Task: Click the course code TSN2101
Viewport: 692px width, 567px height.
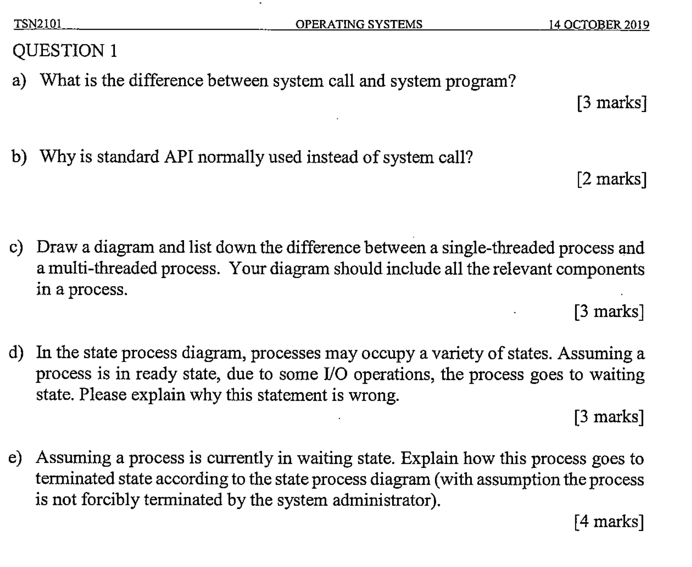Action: point(38,24)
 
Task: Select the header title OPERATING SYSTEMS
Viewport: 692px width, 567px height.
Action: point(359,24)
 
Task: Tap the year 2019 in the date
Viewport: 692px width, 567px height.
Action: point(637,25)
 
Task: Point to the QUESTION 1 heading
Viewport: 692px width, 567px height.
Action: point(65,50)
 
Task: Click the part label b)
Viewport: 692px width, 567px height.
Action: point(19,157)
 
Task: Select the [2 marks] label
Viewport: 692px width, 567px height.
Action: point(611,179)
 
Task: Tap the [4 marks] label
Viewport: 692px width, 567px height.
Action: point(609,521)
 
